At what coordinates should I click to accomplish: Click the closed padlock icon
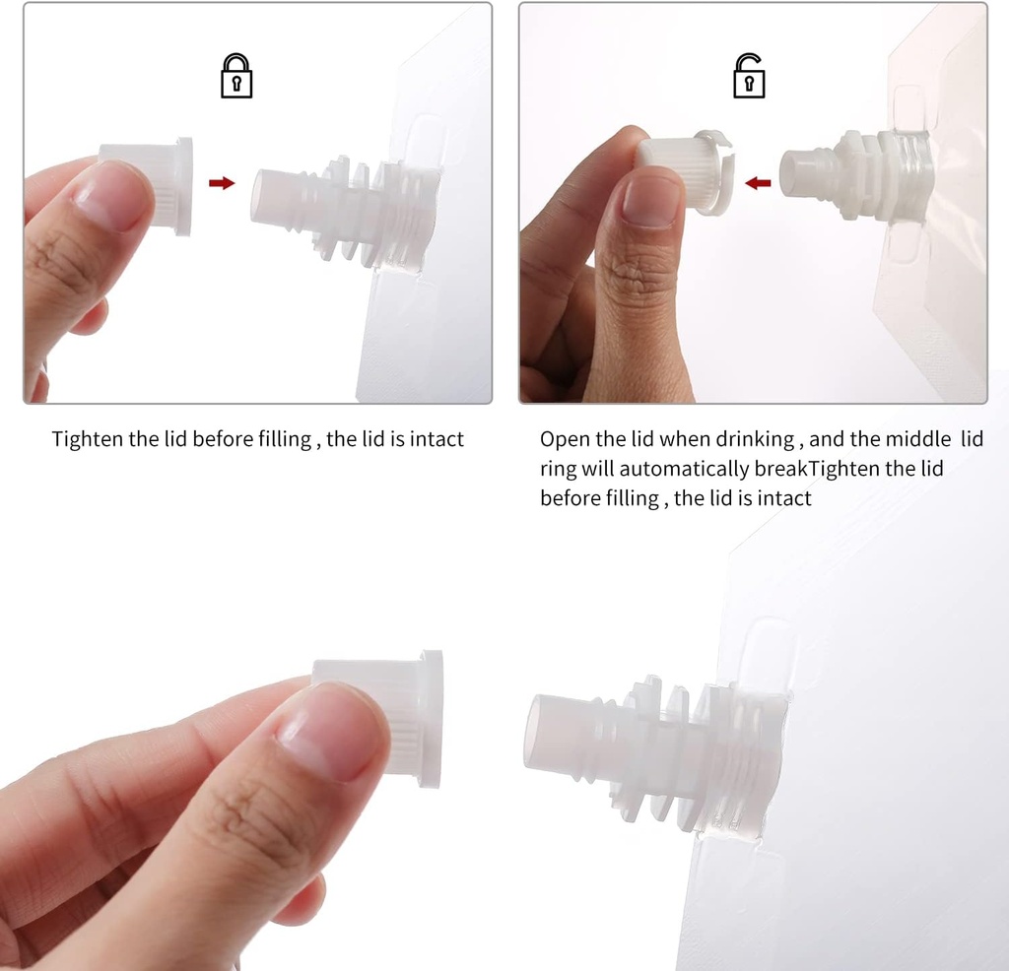tap(236, 76)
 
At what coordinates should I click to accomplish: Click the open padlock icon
tap(749, 76)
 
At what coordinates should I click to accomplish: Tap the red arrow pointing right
tap(222, 183)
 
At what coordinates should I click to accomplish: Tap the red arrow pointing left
tap(758, 183)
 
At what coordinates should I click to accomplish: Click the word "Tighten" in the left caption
tap(88, 440)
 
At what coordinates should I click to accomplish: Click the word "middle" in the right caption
tap(918, 439)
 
